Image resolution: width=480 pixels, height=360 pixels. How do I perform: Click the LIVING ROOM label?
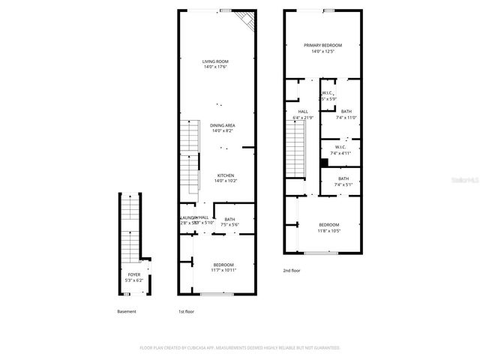[215, 61]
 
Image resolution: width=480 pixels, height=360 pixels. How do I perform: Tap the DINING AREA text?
[223, 125]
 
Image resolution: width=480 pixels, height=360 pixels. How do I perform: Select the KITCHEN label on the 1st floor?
[224, 175]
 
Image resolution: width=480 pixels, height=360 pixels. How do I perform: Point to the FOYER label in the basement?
[133, 275]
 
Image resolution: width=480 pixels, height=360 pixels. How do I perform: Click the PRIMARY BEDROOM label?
[322, 45]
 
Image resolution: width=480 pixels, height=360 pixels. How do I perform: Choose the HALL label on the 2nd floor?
[303, 111]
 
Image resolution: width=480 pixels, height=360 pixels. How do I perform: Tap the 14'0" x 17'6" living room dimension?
[215, 67]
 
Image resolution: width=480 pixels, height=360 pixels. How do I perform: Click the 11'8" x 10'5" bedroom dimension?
[328, 231]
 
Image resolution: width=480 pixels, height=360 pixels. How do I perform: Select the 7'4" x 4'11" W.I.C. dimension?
[340, 153]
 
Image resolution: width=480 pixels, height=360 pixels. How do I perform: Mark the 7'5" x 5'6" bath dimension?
[229, 225]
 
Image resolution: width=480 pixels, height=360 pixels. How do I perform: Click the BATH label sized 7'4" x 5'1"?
[343, 178]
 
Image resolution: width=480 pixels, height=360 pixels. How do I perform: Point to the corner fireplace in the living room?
[245, 20]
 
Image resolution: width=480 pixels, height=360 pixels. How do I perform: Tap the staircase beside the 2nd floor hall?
[297, 150]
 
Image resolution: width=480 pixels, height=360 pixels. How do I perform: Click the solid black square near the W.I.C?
[324, 162]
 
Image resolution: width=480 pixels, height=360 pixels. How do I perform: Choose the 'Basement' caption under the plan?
[127, 311]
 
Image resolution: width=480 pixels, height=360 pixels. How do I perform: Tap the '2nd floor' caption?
[292, 270]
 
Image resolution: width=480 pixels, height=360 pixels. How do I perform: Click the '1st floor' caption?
[186, 311]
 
